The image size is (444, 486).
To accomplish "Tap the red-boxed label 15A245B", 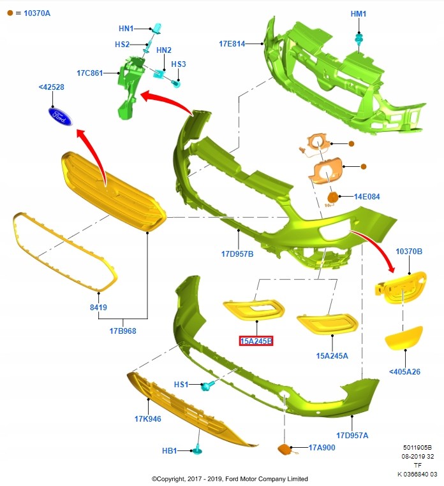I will [256, 341].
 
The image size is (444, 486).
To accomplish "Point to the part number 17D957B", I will [237, 254].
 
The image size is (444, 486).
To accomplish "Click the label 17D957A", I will [352, 436].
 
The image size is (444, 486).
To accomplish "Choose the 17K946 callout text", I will [148, 419].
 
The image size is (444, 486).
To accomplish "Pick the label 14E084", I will [367, 197].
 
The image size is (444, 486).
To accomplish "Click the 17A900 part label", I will [322, 448].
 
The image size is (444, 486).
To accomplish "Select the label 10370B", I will [409, 252].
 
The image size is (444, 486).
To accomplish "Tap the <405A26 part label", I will [405, 371].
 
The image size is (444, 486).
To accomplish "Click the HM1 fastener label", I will [359, 13].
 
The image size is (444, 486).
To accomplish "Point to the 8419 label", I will [98, 308].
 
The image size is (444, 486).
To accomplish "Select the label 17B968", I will [122, 331].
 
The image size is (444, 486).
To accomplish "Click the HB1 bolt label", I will [169, 451].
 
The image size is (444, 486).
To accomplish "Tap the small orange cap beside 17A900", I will [282, 450].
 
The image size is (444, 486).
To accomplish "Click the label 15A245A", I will [332, 355].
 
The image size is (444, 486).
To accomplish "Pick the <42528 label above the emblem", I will [51, 87].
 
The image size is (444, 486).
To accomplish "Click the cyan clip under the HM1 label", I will [359, 40].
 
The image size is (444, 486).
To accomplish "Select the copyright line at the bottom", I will [230, 478].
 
